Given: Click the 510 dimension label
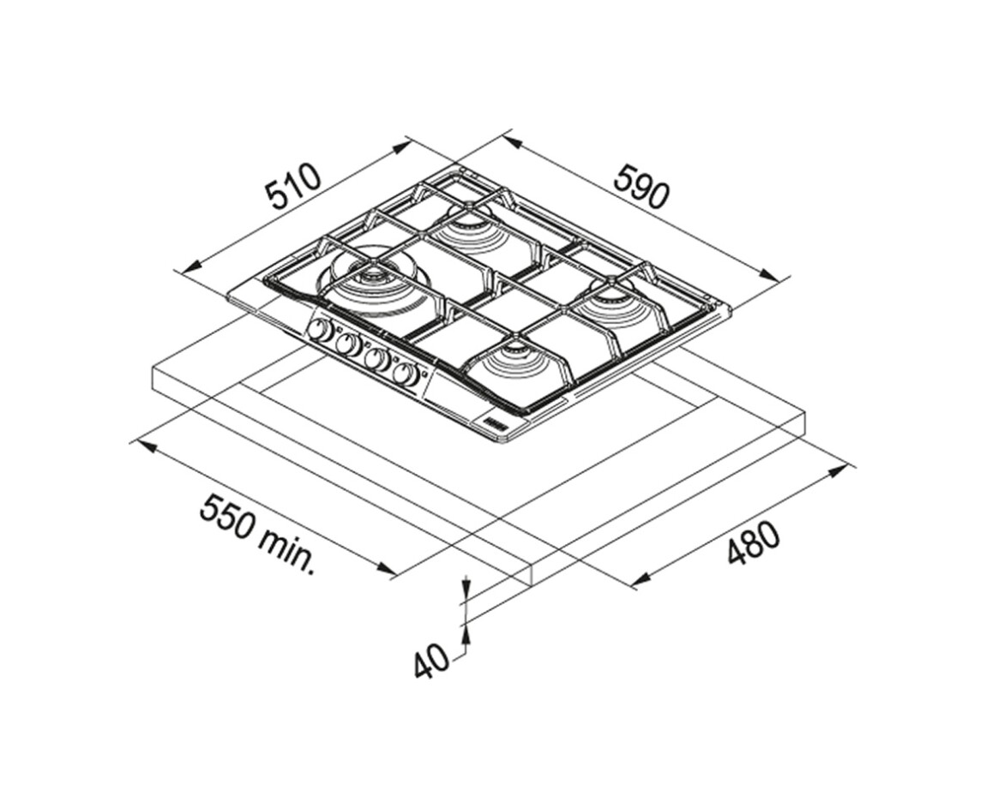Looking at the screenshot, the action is (x=294, y=187).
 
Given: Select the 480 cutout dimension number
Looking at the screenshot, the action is (x=754, y=543).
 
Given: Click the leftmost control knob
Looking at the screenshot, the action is (x=321, y=330).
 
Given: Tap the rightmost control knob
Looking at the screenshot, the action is (x=406, y=374).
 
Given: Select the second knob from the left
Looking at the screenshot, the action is (x=347, y=344).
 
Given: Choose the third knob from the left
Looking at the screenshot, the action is (x=376, y=359).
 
